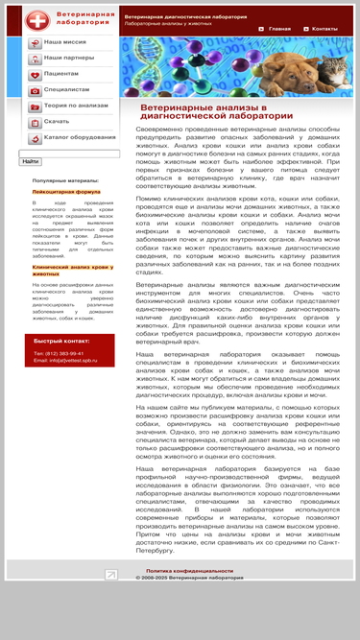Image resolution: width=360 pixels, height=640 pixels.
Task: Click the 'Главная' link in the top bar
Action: point(278,29)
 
